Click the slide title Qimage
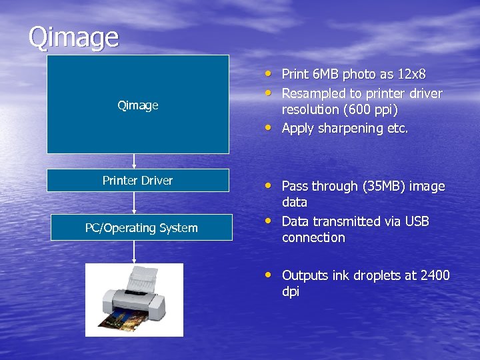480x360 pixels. pyautogui.click(x=73, y=37)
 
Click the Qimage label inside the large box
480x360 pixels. pyautogui.click(x=138, y=105)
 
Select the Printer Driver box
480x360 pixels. pyautogui.click(x=138, y=180)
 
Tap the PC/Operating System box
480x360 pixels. pyautogui.click(x=141, y=227)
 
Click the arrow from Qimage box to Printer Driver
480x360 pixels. pyautogui.click(x=134, y=161)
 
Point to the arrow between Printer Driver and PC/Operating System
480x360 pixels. pyautogui.click(x=134, y=203)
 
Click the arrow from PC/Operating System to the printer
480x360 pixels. pyautogui.click(x=134, y=251)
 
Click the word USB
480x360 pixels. pyautogui.click(x=415, y=221)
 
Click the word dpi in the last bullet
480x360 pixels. pyautogui.click(x=291, y=292)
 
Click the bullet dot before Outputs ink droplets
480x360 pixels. pyautogui.click(x=267, y=273)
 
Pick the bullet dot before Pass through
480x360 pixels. pyautogui.click(x=267, y=185)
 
